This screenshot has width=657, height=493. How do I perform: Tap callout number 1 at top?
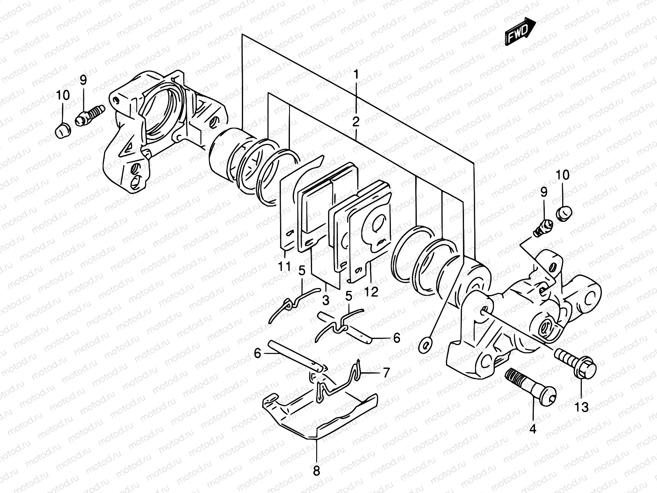pos(356,74)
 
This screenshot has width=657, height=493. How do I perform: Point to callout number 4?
pos(533,429)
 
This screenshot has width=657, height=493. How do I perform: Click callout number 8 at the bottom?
pos(316,471)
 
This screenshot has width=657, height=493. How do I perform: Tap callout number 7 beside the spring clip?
pos(386,373)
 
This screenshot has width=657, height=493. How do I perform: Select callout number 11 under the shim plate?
pos(284,266)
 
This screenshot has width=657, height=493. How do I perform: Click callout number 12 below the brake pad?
pos(371,292)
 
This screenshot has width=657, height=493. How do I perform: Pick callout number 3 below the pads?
pos(326,300)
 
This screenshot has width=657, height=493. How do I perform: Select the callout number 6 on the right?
pos(396,338)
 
